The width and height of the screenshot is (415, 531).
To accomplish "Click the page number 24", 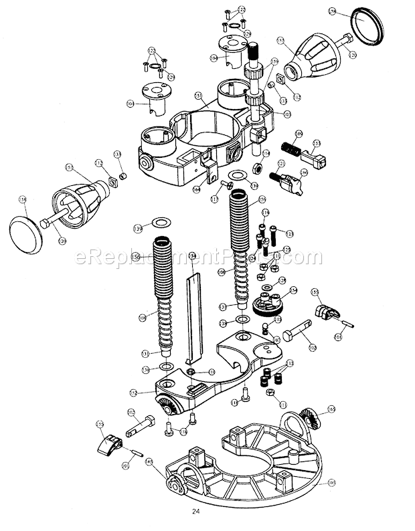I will click(195, 512).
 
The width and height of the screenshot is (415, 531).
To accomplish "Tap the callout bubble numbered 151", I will click(198, 98).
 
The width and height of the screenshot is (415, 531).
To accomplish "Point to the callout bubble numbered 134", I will click(192, 255).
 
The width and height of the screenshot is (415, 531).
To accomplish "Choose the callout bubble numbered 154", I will click(293, 291).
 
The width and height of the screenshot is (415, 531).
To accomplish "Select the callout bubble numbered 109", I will click(299, 134).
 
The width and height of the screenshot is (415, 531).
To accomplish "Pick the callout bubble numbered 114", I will click(266, 153).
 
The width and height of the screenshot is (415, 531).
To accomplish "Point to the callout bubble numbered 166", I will click(304, 172).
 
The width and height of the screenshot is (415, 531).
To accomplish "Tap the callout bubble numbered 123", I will click(289, 232).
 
